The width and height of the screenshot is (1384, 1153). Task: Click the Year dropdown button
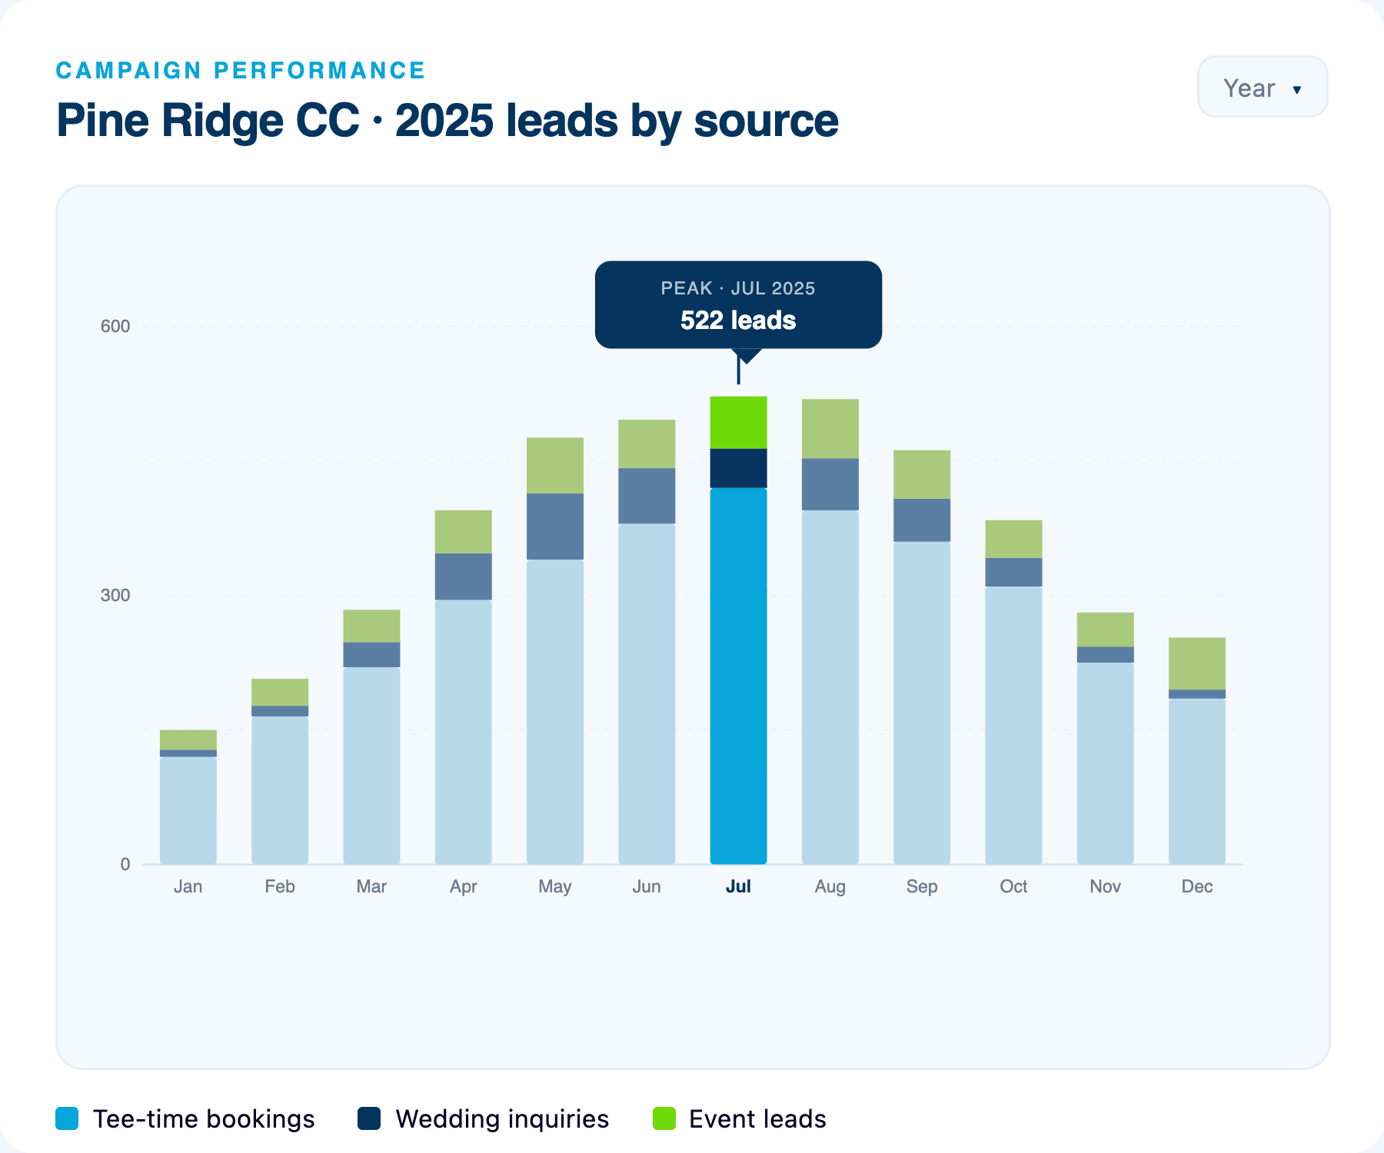[1263, 87]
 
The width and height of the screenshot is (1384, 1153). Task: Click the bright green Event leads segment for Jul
[738, 422]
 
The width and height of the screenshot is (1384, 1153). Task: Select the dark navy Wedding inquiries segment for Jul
[738, 468]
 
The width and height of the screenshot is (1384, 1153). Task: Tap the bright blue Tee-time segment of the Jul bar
[738, 676]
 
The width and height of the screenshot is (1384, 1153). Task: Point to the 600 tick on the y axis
[115, 326]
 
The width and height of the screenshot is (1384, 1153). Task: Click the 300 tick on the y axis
[115, 595]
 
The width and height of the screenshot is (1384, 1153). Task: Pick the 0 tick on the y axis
[125, 864]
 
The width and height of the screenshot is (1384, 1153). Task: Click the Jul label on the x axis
[738, 886]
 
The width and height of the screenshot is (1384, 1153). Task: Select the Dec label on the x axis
[1197, 886]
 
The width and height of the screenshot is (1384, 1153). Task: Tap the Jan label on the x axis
[188, 886]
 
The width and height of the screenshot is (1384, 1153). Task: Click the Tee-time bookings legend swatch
[67, 1118]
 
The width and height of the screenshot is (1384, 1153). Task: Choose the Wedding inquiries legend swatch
[369, 1118]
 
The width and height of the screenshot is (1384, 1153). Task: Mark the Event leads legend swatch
[664, 1118]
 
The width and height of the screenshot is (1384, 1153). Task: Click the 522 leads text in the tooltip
[738, 320]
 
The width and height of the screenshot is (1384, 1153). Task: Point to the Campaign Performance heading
[241, 70]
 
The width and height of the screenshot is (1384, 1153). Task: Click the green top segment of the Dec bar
[1197, 663]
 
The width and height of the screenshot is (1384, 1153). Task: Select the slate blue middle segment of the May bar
[555, 527]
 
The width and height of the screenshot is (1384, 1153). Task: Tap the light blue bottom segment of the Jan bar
[188, 811]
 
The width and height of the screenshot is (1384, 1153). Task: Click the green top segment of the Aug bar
[830, 429]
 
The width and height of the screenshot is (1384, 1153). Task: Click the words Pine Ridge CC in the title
[208, 121]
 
